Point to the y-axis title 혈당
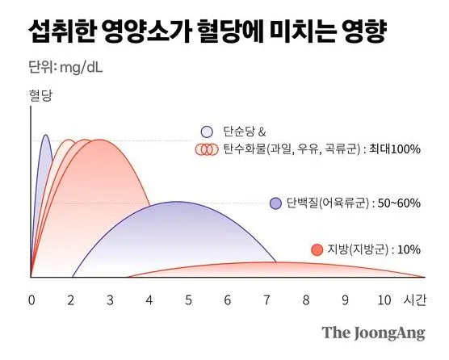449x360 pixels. [x=41, y=96]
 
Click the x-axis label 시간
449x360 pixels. [x=414, y=299]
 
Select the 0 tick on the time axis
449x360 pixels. [x=31, y=299]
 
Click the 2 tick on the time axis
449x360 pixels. [x=71, y=299]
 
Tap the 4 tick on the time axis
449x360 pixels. [x=149, y=299]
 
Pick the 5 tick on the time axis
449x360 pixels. [x=188, y=299]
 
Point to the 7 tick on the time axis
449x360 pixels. [x=266, y=299]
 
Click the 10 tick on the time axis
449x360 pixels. [x=384, y=299]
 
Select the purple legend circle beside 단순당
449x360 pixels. [x=208, y=132]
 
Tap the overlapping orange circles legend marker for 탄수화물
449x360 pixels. [x=208, y=149]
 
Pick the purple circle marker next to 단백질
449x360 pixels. [x=276, y=203]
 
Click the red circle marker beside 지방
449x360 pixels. [x=317, y=249]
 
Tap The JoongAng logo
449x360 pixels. [x=372, y=333]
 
